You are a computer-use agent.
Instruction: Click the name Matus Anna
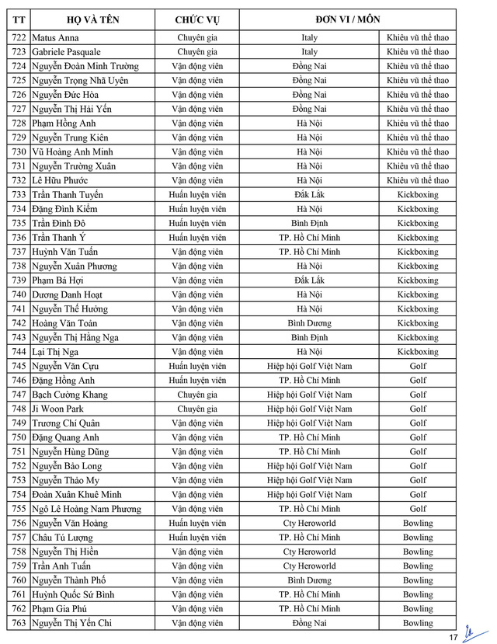(x=56, y=37)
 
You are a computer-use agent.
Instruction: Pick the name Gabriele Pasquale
(x=67, y=52)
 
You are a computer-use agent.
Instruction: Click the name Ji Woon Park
(x=58, y=409)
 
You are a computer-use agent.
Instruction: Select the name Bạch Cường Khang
(x=70, y=395)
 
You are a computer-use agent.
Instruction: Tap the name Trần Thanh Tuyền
(x=68, y=195)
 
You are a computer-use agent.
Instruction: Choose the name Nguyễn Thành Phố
(x=69, y=580)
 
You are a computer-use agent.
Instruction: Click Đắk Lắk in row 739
(x=309, y=280)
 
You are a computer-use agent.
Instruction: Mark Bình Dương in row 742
(x=309, y=323)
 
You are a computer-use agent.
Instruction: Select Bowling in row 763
(x=418, y=623)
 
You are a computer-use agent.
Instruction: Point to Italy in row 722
(x=309, y=37)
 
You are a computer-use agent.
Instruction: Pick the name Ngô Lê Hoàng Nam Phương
(x=86, y=509)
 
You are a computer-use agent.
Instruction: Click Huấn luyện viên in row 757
(x=197, y=538)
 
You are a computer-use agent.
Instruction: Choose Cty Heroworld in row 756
(x=309, y=524)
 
